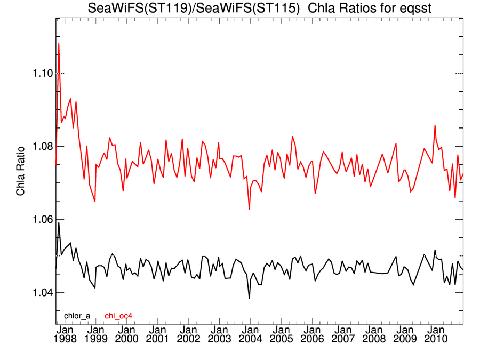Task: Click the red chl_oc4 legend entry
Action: pos(118,316)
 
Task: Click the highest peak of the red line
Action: pos(59,43)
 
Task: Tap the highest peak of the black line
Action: pos(59,222)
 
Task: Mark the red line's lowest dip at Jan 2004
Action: pos(250,209)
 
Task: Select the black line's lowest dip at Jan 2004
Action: pos(250,299)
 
